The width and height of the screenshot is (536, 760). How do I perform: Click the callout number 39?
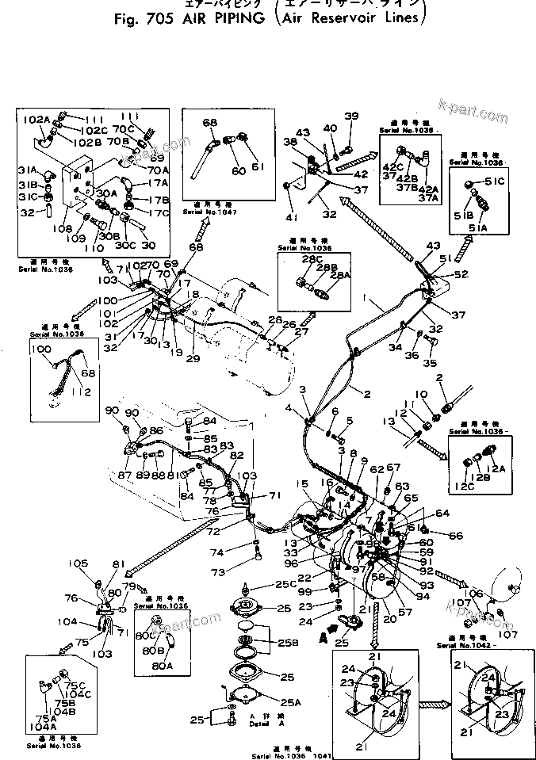point(351,116)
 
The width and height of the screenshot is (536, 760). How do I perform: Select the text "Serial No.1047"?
point(205,212)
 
